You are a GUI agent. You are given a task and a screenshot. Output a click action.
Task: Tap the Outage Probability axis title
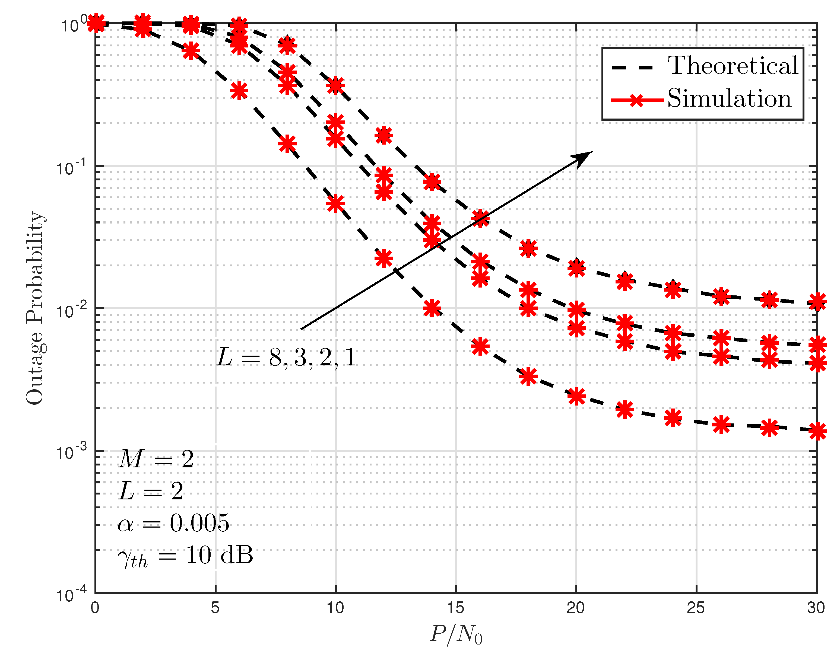point(35,308)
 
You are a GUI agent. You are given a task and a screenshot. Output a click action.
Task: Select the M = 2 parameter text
point(156,459)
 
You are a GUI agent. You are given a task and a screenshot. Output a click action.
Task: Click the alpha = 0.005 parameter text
point(173,523)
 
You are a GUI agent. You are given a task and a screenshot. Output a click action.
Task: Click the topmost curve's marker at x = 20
point(576,268)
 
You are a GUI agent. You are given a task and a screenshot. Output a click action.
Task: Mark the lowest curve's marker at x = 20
point(576,396)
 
